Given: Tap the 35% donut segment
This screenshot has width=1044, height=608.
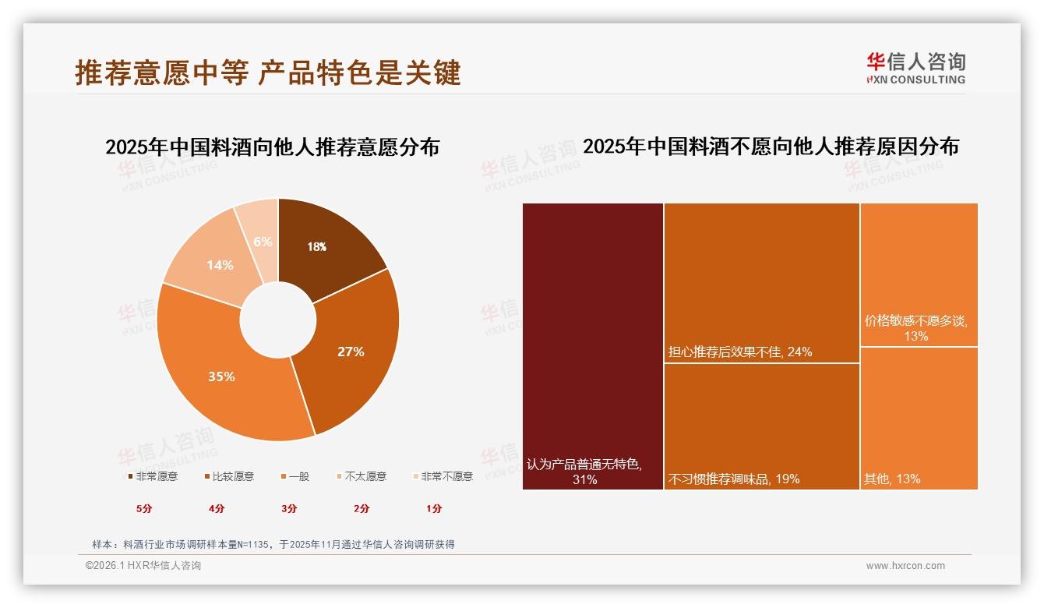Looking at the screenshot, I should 222,376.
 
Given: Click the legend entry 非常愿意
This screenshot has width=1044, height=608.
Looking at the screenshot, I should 152,476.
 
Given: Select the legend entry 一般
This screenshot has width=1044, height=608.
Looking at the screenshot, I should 294,476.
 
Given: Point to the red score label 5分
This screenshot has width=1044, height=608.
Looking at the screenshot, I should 144,509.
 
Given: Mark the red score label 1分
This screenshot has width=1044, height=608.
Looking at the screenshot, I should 434,509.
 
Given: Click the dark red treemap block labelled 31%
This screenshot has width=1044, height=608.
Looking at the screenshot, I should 592,346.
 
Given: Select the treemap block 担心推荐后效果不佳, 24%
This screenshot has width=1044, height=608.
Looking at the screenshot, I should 761,282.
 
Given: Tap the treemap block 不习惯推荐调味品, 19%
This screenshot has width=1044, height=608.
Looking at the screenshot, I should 761,426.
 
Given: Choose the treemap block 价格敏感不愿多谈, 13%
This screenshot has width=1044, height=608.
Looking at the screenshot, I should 919,274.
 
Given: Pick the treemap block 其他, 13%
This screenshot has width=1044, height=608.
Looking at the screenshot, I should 919,418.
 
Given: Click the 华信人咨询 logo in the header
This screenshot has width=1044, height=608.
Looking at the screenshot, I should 915,69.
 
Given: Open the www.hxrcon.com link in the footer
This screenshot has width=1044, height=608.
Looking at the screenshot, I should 905,566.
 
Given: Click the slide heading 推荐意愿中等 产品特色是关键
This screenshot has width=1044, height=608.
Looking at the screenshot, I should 268,72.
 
